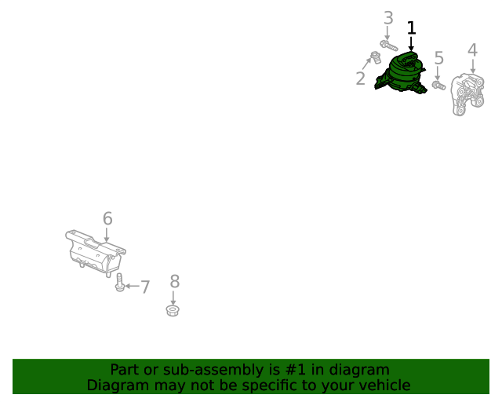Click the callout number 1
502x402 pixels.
411,29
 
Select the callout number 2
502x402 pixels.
361,79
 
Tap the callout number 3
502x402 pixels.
388,18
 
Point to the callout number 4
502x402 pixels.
472,50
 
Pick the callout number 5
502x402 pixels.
438,57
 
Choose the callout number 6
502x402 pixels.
107,218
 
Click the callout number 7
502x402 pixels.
144,287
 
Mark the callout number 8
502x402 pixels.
174,280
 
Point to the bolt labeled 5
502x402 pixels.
438,84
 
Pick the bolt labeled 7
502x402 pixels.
118,283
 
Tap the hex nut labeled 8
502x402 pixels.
173,311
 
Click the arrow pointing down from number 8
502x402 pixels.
173,298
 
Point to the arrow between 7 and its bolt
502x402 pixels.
131,287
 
